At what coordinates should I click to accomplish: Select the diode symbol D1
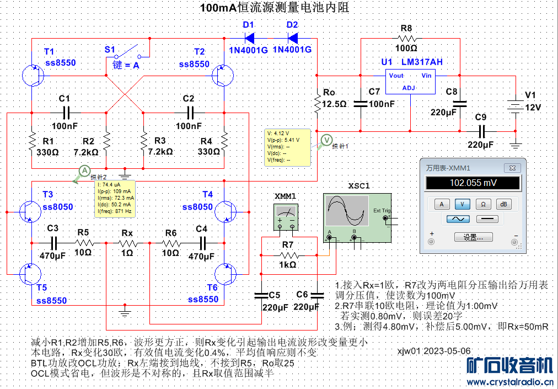pyautogui.click(x=249, y=38)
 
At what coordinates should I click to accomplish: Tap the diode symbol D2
pyautogui.click(x=292, y=38)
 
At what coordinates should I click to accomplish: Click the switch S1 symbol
pyautogui.click(x=131, y=54)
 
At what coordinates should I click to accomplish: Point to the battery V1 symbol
pyautogui.click(x=516, y=107)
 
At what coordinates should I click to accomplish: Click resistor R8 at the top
pyautogui.click(x=407, y=39)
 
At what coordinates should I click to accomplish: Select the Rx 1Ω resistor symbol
pyautogui.click(x=127, y=242)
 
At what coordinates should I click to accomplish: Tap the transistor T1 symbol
pyautogui.click(x=32, y=76)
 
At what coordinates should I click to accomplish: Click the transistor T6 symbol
pyautogui.click(x=223, y=274)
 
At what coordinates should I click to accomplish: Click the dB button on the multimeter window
pyautogui.click(x=503, y=204)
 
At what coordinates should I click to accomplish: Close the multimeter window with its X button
pyautogui.click(x=512, y=168)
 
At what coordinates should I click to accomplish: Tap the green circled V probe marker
pyautogui.click(x=326, y=139)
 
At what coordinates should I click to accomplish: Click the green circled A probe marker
pyautogui.click(x=84, y=171)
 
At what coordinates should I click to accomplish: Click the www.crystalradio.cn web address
pyautogui.click(x=510, y=382)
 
